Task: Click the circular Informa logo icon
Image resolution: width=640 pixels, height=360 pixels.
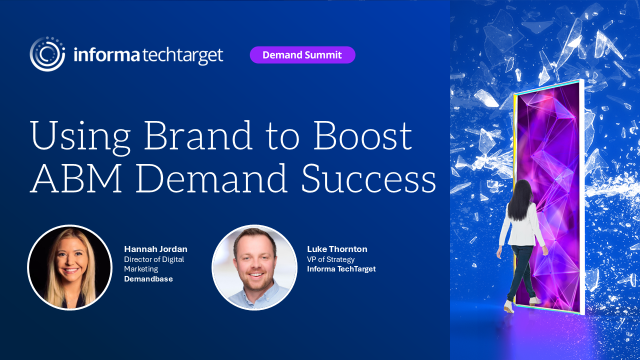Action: pos(49,54)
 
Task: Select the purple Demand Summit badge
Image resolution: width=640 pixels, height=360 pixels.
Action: pos(302,54)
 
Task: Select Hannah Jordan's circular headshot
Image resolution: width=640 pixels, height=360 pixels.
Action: pos(67,266)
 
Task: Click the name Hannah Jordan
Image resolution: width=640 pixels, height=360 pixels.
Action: pos(154,248)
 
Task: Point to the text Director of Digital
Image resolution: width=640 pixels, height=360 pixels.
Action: pos(155,259)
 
